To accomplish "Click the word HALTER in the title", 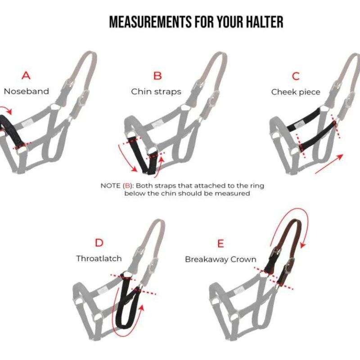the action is (265, 22).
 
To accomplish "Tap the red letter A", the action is (26, 76).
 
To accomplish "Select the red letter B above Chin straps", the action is (157, 76).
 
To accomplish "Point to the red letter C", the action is (296, 76).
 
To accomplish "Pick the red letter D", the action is (99, 243).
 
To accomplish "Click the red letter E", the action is (220, 243).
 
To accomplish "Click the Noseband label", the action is (27, 91).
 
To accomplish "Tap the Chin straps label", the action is (156, 92).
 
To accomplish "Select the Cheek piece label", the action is (296, 92).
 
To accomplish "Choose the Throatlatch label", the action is (99, 259).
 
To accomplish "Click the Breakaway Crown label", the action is (220, 260).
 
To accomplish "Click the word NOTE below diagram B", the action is (111, 185).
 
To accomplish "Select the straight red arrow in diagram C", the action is (329, 164).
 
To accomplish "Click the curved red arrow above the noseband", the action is (6, 109).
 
